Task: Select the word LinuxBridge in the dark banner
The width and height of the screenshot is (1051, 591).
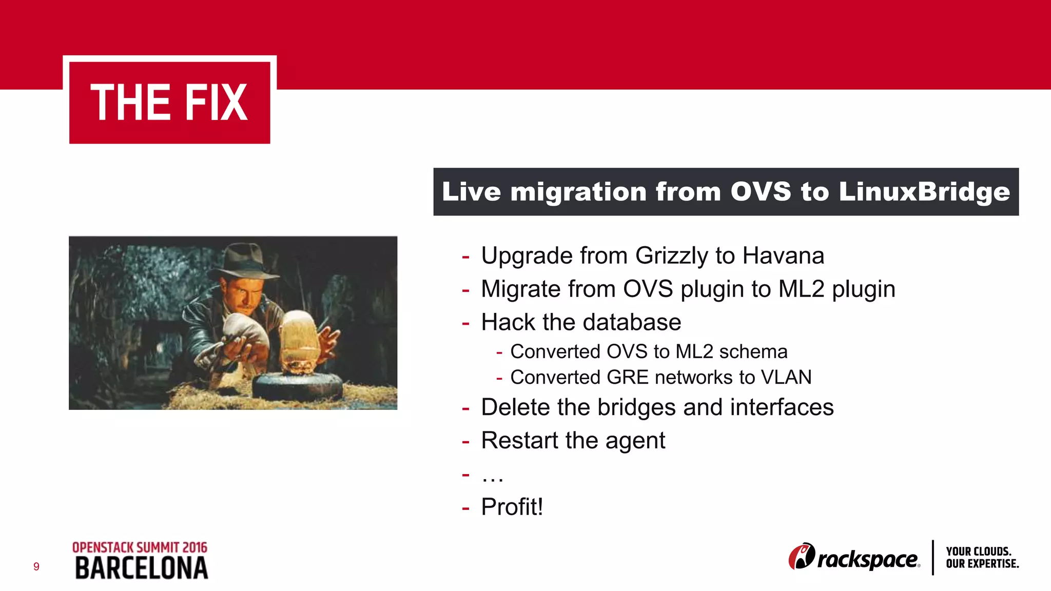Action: [924, 192]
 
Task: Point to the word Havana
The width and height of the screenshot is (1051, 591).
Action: [783, 256]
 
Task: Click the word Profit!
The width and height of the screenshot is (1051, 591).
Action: [512, 507]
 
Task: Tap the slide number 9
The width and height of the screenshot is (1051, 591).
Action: [36, 566]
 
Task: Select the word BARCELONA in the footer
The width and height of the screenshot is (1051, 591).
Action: [142, 568]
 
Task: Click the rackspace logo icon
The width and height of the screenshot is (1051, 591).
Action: [802, 556]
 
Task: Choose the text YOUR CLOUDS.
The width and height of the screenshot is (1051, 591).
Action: [978, 551]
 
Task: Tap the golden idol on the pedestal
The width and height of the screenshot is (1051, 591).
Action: [299, 339]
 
